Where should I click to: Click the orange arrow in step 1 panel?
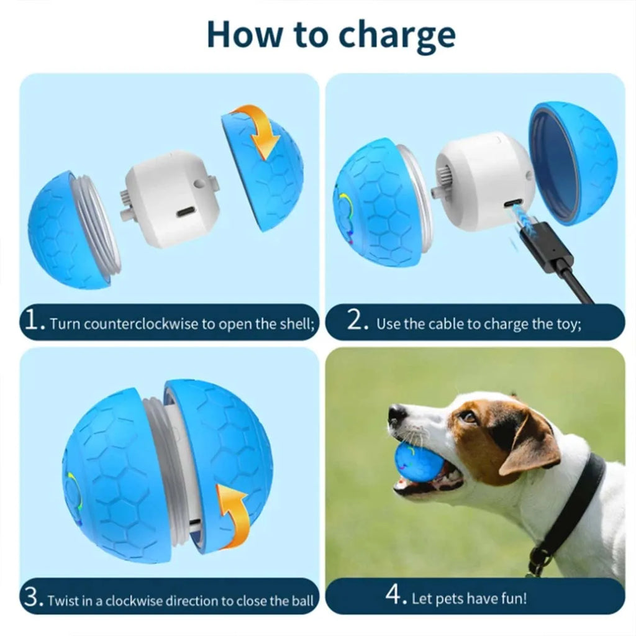tap(258, 130)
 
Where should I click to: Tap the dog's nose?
tap(397, 414)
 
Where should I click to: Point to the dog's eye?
tap(469, 416)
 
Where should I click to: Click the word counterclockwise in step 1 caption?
tap(142, 324)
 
